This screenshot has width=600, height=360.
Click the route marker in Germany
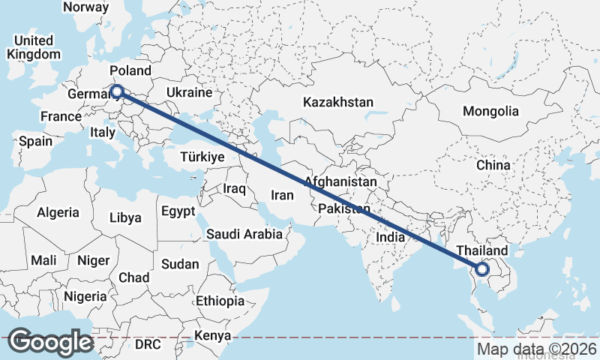116,92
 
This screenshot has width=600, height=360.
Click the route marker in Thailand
481,268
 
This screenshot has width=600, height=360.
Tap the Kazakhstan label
337,102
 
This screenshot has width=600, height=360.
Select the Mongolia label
490,111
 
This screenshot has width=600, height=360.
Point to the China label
493,165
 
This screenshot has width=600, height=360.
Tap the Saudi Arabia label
244,234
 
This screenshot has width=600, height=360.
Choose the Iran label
282,195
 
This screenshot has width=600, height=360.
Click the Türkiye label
202,157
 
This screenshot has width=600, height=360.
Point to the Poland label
130,70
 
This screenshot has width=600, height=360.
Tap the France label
61,117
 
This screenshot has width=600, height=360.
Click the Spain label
36,141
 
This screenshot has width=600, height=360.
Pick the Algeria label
58,212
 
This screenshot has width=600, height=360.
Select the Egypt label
178,211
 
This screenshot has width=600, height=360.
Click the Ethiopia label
220,301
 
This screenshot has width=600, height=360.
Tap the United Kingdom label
34,47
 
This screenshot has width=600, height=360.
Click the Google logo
50,342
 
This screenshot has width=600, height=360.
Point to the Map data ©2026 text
537,349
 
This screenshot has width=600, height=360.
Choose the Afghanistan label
340,182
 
